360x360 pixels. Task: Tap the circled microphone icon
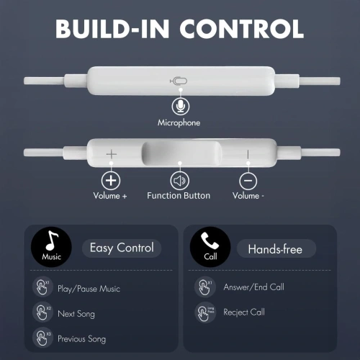[x=179, y=107]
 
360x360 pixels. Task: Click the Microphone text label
[x=179, y=123]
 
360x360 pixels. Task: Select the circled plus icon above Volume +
[x=111, y=180]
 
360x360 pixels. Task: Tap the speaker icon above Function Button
[x=179, y=180]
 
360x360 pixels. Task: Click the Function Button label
[x=179, y=196]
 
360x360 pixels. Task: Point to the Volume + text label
[x=110, y=196]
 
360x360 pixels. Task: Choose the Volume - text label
[x=248, y=196]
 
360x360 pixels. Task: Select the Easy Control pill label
[x=122, y=248]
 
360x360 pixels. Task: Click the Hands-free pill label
[x=276, y=249]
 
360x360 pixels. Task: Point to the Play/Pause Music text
[x=89, y=289]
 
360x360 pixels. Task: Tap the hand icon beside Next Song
[x=42, y=313]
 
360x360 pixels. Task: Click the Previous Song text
[x=81, y=338]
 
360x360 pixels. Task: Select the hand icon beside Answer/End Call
[x=205, y=287]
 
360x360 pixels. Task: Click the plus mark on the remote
[x=111, y=154]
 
